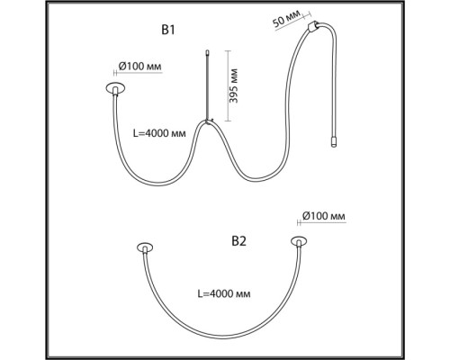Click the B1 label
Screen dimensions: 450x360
[168, 31]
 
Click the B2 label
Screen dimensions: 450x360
[239, 241]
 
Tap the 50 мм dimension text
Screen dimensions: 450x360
[286, 19]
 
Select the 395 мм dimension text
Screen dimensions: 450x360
[233, 86]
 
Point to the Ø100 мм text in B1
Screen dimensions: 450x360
[140, 66]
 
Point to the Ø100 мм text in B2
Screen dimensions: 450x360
[324, 216]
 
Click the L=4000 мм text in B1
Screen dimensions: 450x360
[159, 133]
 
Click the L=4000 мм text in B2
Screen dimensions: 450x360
[224, 293]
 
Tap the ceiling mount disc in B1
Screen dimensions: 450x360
[115, 88]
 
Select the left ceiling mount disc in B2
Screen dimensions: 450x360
[145, 247]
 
